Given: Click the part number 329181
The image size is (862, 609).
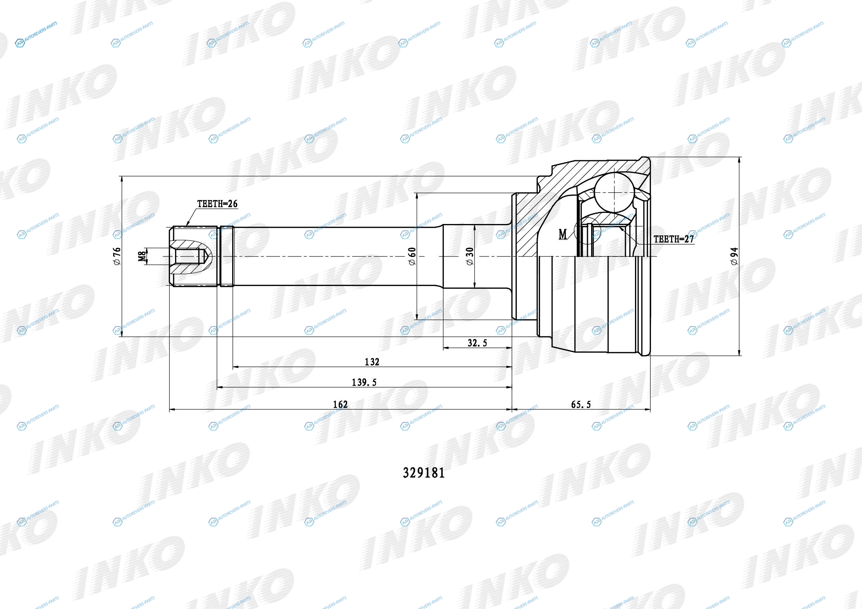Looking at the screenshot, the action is pos(423,473).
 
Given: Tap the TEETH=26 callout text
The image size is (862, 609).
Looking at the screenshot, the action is pos(217,204).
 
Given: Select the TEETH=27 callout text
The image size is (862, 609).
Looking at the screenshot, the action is pos(674,239).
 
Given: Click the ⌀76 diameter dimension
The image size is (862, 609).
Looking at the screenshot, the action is pos(117,256).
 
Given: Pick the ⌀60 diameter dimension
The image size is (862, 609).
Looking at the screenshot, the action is pos(412,256).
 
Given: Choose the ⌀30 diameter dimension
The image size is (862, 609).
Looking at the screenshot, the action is pos(470,256).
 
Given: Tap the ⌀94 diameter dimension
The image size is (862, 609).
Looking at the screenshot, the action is pos(734,256).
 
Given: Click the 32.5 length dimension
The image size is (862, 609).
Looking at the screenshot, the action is pos(477,343).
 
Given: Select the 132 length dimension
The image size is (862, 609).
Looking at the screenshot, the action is pos(372,362).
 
